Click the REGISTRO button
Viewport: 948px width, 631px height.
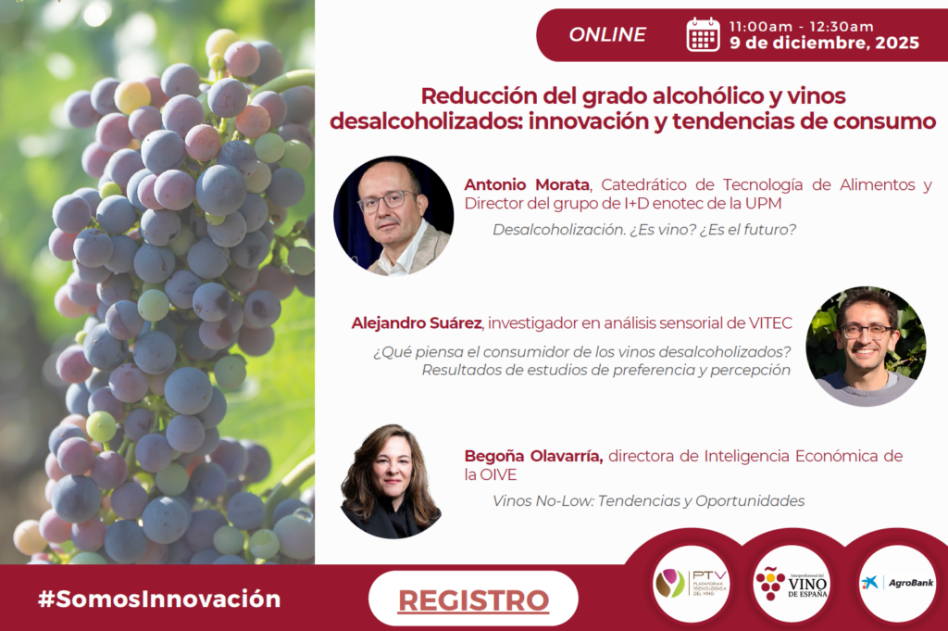click(x=473, y=599)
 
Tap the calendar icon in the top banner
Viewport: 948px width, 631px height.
click(x=704, y=34)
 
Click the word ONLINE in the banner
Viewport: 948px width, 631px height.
click(x=607, y=34)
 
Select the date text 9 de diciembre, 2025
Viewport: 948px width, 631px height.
click(x=825, y=43)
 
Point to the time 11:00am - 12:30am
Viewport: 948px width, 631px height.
click(x=801, y=27)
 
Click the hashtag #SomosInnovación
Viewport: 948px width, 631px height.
click(x=159, y=599)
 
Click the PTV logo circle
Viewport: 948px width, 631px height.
click(x=692, y=583)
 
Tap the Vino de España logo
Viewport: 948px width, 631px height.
click(x=792, y=583)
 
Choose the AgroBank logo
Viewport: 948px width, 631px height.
click(x=897, y=583)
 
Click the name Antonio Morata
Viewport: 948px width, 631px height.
click(x=527, y=184)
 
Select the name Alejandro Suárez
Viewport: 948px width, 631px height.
click(x=417, y=323)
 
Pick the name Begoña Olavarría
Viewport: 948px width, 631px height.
click(x=533, y=456)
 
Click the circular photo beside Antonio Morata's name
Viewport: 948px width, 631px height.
click(x=393, y=215)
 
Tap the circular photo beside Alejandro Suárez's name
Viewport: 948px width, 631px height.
click(x=866, y=346)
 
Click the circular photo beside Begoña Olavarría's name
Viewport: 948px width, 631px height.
click(x=392, y=481)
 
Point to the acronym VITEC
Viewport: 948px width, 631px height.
click(x=770, y=323)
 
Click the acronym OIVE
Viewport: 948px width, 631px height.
click(x=498, y=475)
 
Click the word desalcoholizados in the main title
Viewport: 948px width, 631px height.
click(x=425, y=121)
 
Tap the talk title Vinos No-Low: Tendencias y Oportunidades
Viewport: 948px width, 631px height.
click(x=649, y=501)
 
